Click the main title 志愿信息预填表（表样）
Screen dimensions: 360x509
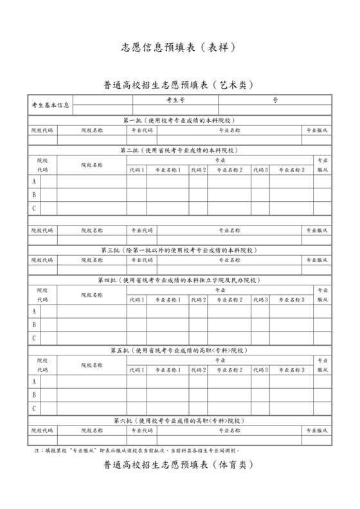[180, 48]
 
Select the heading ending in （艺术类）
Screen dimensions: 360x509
[180, 85]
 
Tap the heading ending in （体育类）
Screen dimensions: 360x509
[180, 465]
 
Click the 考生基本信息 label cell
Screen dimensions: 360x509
[51, 105]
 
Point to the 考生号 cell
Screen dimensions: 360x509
[175, 100]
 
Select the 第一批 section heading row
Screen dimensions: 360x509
[180, 120]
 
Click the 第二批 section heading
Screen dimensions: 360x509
[180, 150]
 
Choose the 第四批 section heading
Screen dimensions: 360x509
[180, 280]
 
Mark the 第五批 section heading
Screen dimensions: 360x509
[180, 350]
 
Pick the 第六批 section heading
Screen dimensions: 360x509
[180, 420]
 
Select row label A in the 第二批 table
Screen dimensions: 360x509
[33, 181]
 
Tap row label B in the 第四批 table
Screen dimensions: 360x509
[33, 325]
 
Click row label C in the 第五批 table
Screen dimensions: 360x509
[33, 408]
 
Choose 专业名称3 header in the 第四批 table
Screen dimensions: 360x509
[292, 299]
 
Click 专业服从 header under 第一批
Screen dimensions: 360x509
[318, 130]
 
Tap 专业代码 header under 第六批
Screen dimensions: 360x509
[142, 429]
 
